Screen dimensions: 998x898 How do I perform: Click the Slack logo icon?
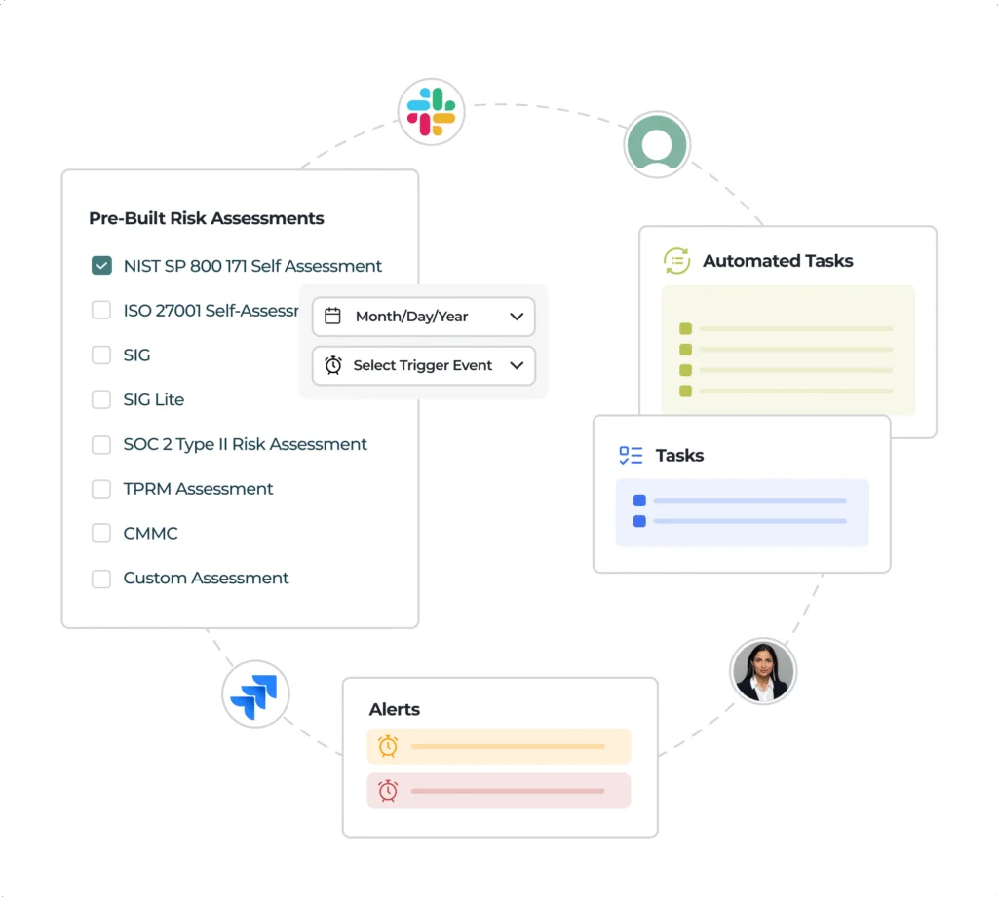(x=431, y=112)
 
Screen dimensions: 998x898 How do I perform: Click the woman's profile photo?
(x=762, y=671)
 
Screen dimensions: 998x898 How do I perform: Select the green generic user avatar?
(x=657, y=144)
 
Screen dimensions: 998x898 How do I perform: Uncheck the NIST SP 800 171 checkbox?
(x=101, y=265)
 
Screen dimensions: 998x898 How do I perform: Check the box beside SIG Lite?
(x=101, y=399)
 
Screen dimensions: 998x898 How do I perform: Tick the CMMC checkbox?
(x=101, y=533)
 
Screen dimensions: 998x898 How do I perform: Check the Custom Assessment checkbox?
(x=101, y=579)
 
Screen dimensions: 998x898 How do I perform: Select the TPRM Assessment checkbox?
(x=101, y=488)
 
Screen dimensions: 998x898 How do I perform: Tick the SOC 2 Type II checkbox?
(x=101, y=444)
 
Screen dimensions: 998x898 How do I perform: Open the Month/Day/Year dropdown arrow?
(x=517, y=317)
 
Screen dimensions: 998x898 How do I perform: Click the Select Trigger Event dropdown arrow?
(x=517, y=365)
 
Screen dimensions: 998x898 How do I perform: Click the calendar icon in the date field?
(x=333, y=316)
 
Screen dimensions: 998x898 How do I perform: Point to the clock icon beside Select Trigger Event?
(x=333, y=365)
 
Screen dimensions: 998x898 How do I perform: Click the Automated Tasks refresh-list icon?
(x=676, y=261)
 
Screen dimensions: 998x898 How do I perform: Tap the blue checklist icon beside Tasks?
(x=631, y=455)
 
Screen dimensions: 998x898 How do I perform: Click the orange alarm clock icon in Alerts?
(x=388, y=746)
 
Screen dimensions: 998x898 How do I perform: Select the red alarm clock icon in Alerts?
(x=388, y=791)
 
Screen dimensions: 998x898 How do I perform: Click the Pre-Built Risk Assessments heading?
(x=207, y=218)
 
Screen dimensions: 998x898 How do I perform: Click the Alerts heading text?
(x=394, y=709)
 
